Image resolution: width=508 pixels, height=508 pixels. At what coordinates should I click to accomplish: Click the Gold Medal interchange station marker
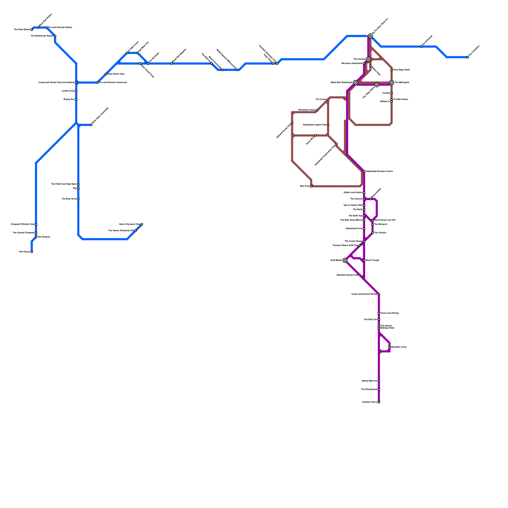point(345,260)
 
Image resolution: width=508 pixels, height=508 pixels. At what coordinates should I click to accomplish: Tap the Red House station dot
point(32,252)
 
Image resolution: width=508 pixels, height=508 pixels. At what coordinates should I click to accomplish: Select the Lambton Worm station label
point(369,402)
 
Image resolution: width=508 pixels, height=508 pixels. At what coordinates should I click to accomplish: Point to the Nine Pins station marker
point(311,186)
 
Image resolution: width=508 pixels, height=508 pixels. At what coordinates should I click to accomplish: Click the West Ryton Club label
point(116,74)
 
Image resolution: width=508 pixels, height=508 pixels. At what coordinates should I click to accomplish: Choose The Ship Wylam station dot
point(32,30)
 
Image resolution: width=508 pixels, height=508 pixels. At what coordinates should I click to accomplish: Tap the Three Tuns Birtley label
point(390,313)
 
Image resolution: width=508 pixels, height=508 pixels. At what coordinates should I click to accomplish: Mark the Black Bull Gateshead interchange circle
point(356,83)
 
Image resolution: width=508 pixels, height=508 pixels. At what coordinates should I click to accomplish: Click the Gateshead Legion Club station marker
point(328,125)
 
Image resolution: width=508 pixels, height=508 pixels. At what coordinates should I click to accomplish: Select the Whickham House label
point(307,110)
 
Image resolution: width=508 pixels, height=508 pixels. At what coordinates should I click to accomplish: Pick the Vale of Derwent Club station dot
point(142,224)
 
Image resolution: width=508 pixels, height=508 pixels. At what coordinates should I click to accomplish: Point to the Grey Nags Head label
point(401,70)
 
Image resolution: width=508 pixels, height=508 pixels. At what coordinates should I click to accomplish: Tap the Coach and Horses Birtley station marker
point(379,294)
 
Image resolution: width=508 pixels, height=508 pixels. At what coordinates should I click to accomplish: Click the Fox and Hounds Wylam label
point(60,28)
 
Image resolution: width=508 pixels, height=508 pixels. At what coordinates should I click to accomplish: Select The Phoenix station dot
point(36,237)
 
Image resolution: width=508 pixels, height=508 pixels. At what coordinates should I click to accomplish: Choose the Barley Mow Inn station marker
point(379,381)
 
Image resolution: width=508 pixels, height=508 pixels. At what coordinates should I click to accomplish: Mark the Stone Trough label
point(372,260)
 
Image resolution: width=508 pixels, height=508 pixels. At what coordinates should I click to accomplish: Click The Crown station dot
point(328,100)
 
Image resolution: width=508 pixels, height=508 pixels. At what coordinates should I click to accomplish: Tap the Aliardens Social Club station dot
point(360,275)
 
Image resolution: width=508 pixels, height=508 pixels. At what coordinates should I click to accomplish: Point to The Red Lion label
point(371,320)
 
